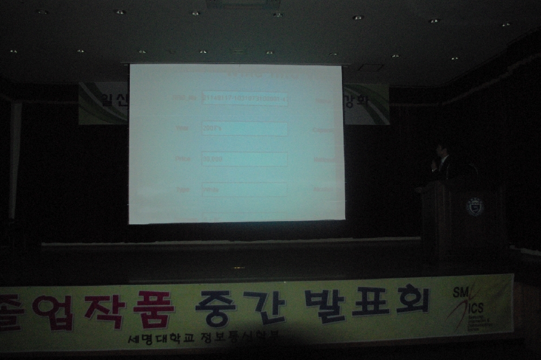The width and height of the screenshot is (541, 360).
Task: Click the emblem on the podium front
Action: coord(474,206)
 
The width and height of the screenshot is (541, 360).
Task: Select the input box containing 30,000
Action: coord(244,159)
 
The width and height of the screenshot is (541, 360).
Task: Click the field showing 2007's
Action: coord(244,129)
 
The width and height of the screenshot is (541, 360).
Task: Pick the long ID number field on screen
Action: coord(244,99)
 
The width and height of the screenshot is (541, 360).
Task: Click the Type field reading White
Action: coord(244,190)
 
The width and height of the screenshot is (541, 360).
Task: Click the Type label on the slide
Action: coord(183,190)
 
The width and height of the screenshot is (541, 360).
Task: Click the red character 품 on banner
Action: coord(155,309)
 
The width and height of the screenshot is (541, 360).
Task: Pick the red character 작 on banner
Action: coord(105,310)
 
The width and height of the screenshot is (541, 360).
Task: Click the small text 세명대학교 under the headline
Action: coord(150,340)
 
